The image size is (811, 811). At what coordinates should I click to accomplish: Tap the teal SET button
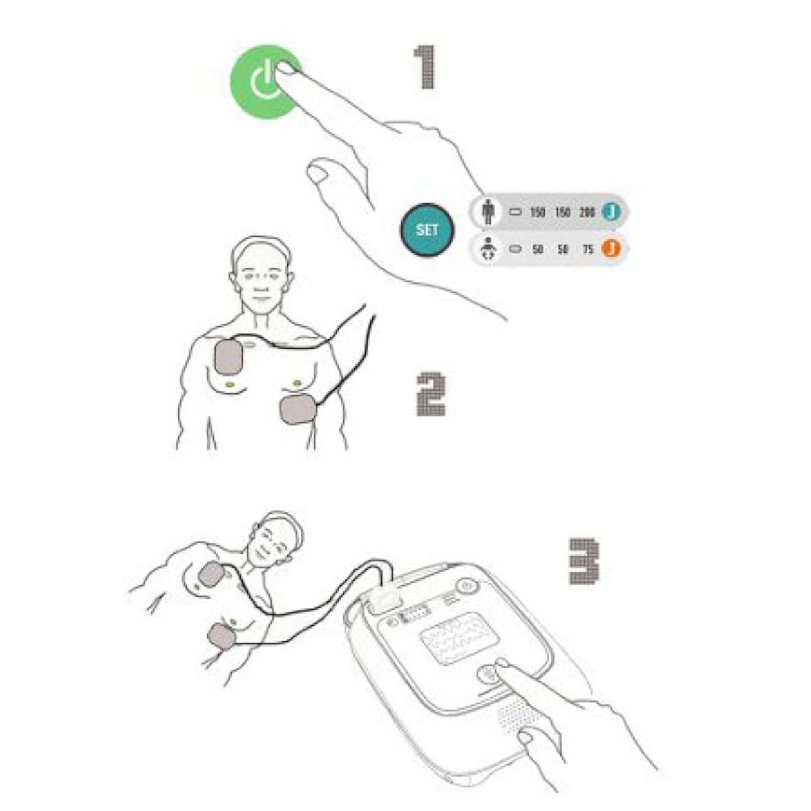pos(426,230)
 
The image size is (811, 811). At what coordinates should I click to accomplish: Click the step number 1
pos(425,68)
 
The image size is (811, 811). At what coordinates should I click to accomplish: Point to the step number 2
pos(431,395)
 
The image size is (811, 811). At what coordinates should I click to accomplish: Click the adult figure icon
pos(487,212)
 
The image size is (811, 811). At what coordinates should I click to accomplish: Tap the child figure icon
pos(488,249)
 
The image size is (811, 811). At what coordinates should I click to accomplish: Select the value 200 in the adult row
pos(587,212)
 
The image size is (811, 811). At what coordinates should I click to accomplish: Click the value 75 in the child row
pos(588,249)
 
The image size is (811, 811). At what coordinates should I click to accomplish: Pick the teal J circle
pos(612,212)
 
